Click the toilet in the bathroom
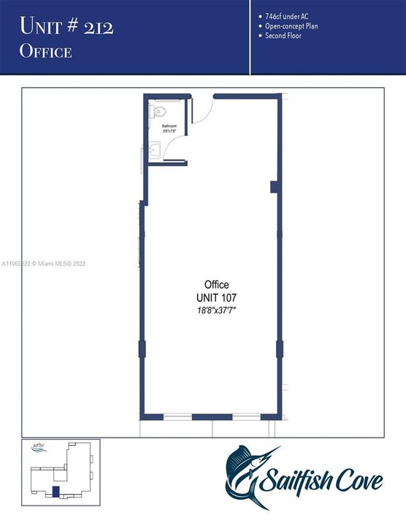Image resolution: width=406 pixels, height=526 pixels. pos(161,112)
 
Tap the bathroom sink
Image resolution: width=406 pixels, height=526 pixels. pos(155,150)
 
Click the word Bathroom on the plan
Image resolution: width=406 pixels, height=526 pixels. pos(169,126)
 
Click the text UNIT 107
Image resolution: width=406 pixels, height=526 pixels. pos(216,297)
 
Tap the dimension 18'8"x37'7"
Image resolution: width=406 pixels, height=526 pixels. pos(216,310)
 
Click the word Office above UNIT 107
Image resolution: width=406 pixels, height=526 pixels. pos(216,285)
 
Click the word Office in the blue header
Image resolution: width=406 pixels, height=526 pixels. pos(45,51)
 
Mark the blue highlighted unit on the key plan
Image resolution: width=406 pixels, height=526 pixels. pos(53,492)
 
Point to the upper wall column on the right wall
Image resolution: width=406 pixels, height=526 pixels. pos(275,187)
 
